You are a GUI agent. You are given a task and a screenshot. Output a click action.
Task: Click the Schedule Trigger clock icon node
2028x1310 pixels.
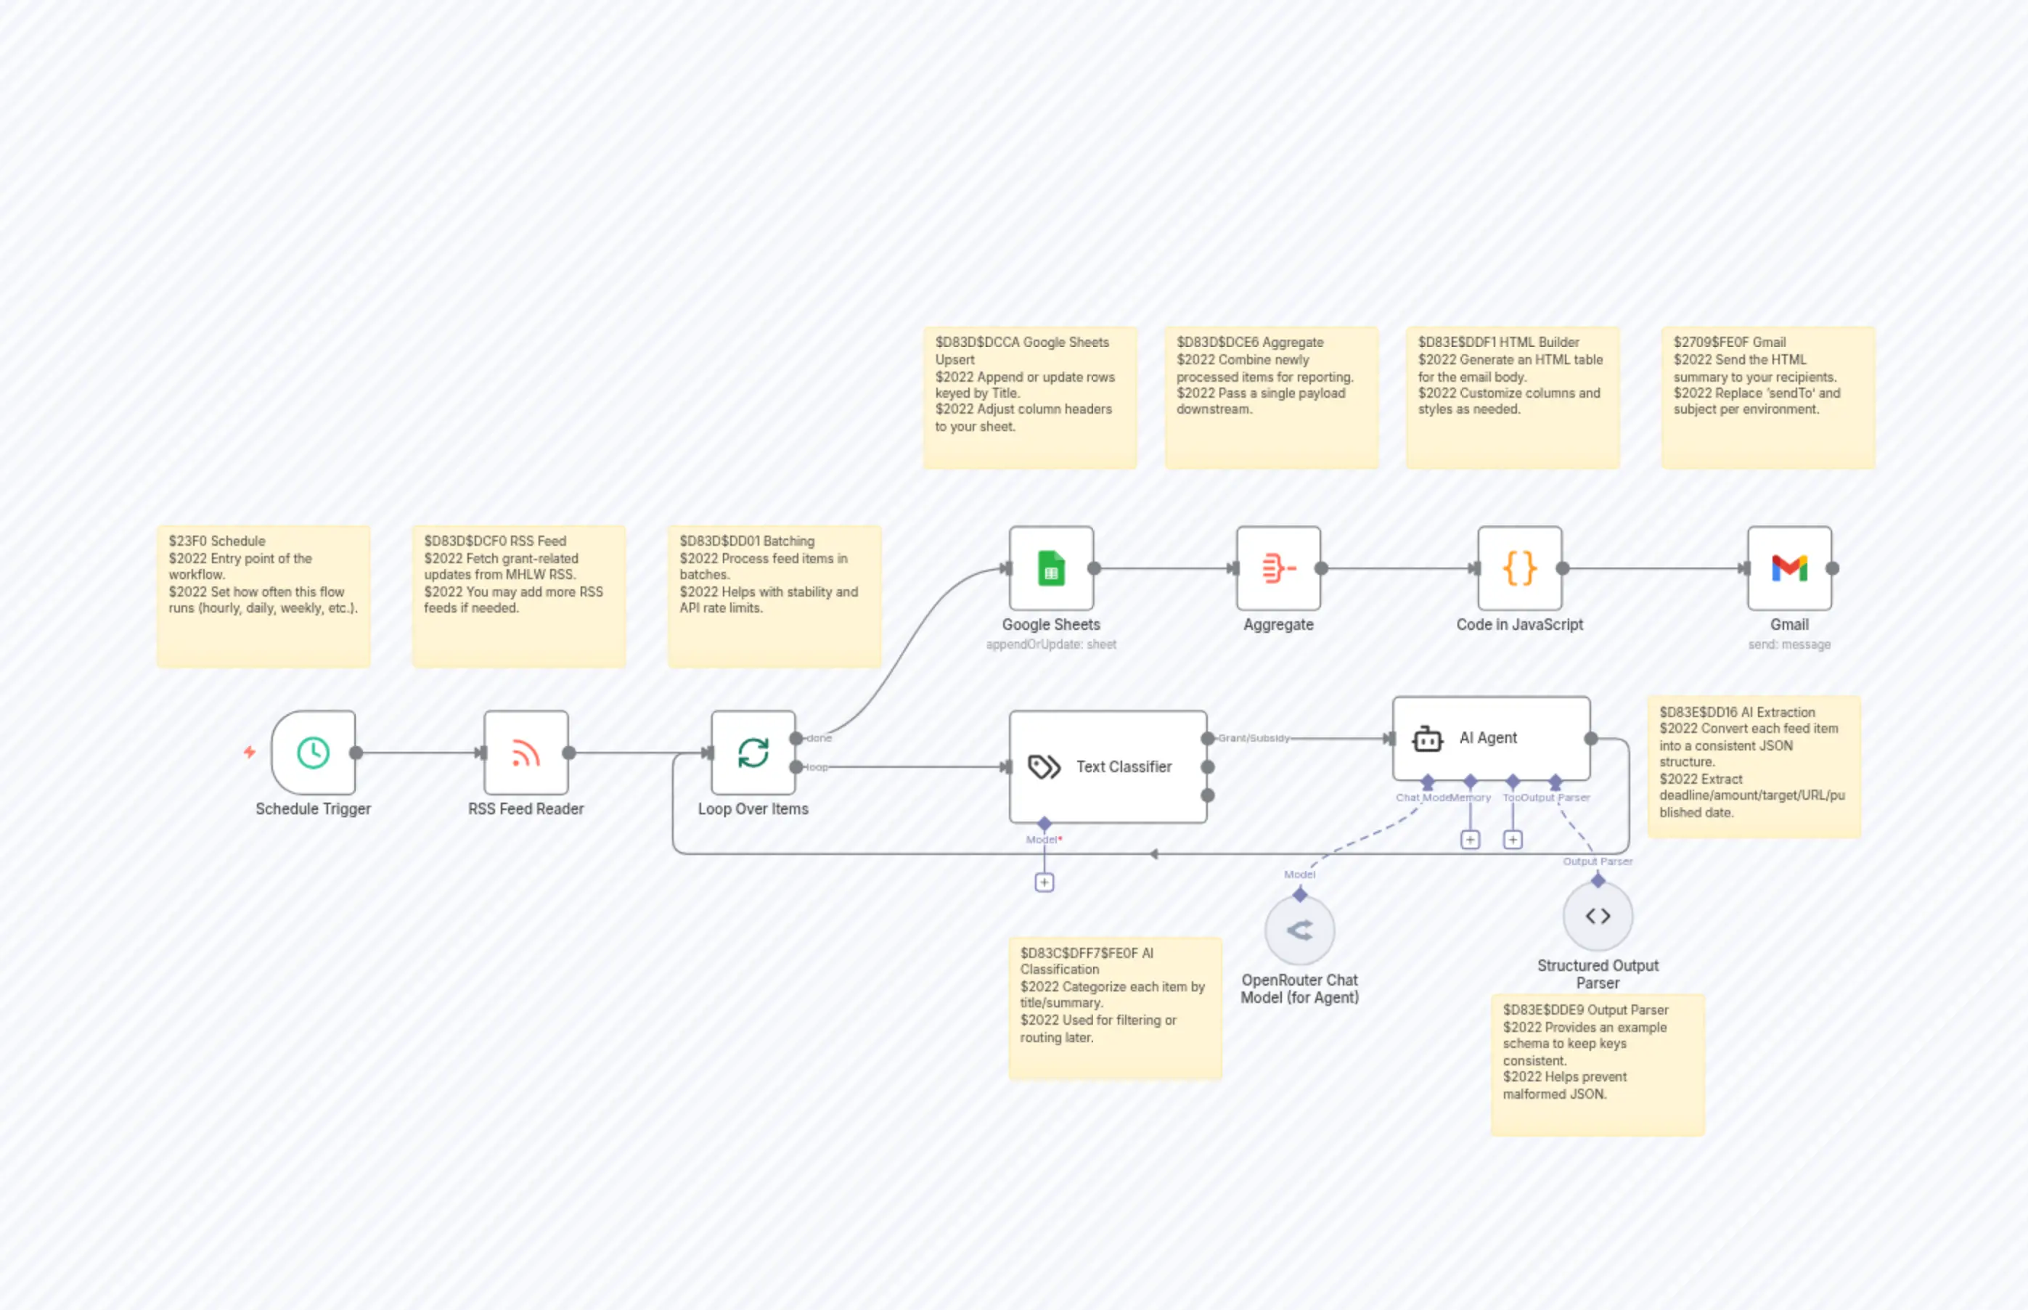point(313,753)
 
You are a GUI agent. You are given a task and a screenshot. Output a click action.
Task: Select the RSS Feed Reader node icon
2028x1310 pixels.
point(526,753)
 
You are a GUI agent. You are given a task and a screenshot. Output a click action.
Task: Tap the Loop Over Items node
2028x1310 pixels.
point(753,753)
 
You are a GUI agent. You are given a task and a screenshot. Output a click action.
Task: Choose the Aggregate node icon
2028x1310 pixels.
point(1277,568)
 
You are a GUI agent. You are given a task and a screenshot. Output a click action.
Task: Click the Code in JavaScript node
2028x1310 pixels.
point(1519,568)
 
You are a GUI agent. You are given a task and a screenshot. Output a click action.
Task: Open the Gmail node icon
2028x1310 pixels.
point(1789,568)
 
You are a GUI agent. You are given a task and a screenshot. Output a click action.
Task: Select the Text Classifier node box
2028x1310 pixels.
point(1108,766)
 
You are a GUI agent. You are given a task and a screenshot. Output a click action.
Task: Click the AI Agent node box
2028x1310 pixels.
point(1490,737)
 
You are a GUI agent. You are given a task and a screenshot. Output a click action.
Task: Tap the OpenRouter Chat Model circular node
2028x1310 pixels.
point(1299,930)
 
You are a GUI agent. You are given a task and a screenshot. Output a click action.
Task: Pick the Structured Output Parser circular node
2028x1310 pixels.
point(1597,916)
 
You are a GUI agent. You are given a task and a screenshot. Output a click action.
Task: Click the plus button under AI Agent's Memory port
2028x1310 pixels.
point(1469,840)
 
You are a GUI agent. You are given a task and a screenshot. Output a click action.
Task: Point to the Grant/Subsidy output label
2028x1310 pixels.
point(1253,737)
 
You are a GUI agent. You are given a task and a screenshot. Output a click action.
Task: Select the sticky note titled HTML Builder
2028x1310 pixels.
point(1512,397)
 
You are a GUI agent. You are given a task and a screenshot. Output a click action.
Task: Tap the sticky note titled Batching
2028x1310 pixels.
point(774,595)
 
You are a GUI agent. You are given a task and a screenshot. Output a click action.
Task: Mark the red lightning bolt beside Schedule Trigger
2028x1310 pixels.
point(249,752)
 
